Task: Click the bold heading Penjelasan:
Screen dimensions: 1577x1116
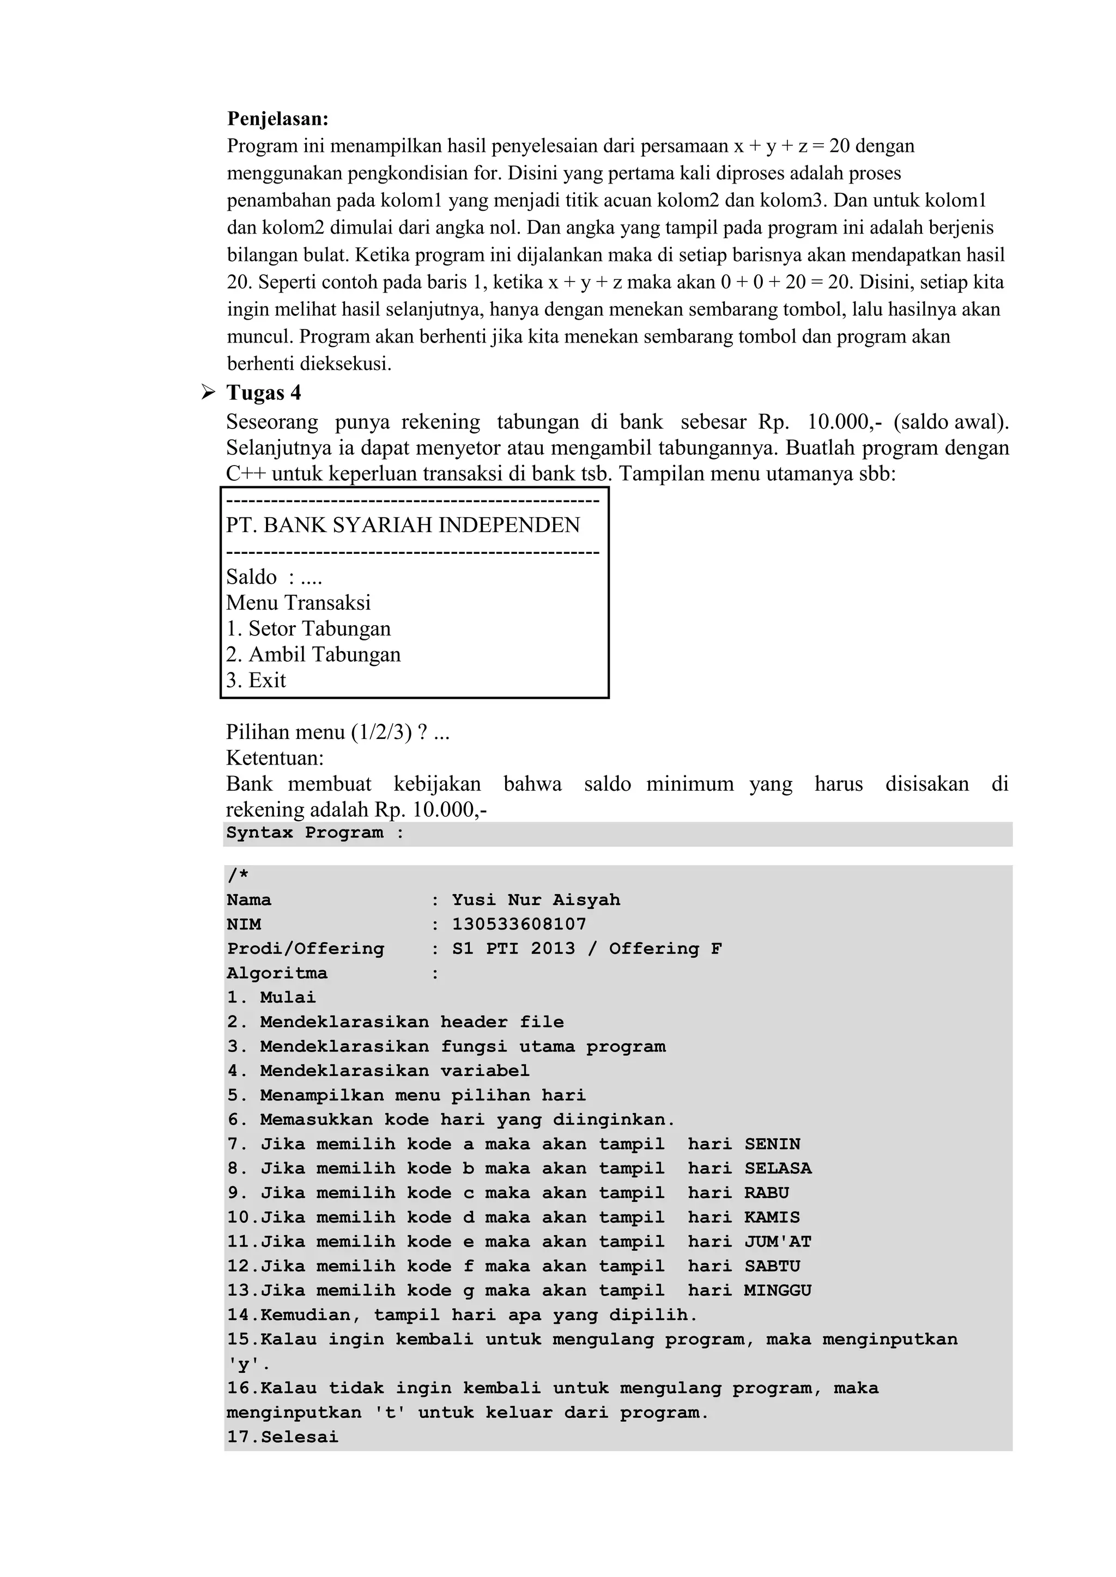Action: click(x=277, y=119)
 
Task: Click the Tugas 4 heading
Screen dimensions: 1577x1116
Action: click(x=263, y=393)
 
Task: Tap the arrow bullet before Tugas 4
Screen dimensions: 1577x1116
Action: click(x=207, y=393)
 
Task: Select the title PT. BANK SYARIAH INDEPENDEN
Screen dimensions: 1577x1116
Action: click(x=403, y=525)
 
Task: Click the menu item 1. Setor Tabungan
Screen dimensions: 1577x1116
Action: click(x=308, y=628)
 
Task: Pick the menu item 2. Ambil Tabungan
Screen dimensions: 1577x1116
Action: click(x=313, y=654)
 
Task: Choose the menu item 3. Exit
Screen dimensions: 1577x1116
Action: click(x=256, y=680)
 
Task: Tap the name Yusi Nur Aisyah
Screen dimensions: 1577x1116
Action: click(x=536, y=900)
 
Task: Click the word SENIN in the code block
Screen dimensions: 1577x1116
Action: click(x=772, y=1144)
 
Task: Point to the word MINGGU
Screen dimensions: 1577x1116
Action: click(x=777, y=1291)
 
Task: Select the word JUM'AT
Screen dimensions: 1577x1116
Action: click(x=777, y=1242)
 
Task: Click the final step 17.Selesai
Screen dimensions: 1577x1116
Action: click(x=282, y=1438)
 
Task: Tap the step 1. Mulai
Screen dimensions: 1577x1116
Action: click(x=271, y=997)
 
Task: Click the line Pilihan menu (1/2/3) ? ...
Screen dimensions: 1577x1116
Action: click(x=337, y=732)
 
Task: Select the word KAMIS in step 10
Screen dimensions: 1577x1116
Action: click(x=772, y=1218)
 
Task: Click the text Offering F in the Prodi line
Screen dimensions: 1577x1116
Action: click(x=665, y=949)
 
